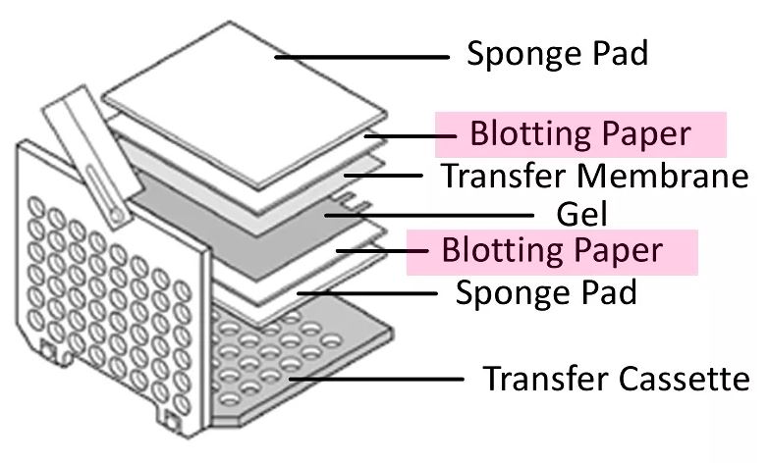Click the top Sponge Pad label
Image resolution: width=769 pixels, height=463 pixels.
pyautogui.click(x=557, y=54)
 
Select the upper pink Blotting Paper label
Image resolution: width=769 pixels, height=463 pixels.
pyautogui.click(x=579, y=133)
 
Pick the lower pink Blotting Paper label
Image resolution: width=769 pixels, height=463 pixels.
pyautogui.click(x=552, y=251)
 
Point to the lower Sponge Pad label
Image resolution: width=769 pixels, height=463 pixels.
pyautogui.click(x=545, y=291)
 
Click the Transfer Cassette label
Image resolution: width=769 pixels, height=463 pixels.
pyautogui.click(x=617, y=379)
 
